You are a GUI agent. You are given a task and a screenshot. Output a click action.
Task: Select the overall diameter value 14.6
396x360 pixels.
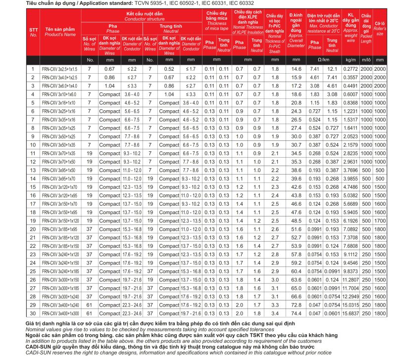pos(296,69)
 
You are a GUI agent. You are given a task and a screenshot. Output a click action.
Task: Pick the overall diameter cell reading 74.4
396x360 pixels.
pos(296,314)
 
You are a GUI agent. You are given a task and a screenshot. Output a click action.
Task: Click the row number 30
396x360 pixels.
pos(33,314)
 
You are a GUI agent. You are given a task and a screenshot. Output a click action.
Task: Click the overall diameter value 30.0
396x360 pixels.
pos(296,136)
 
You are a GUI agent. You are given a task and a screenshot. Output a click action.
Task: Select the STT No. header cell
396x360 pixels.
pos(33,32)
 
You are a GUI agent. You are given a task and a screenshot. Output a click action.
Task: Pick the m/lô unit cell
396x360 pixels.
pos(366,60)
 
